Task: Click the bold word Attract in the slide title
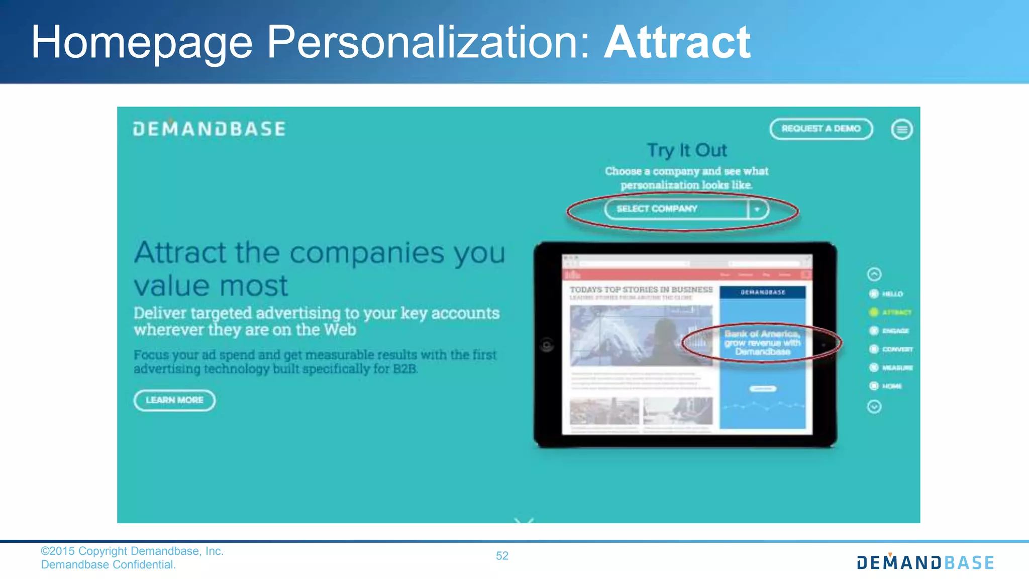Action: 677,42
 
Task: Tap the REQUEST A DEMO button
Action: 821,129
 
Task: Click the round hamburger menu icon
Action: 902,130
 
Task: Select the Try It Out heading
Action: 687,150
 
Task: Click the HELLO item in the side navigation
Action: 892,294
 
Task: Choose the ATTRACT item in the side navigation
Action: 896,313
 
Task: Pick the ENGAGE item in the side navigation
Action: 895,331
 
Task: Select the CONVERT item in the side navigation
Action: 897,349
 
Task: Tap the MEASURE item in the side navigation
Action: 897,368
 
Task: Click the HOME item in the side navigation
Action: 891,386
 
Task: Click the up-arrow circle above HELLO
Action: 874,274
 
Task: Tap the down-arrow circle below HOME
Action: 874,407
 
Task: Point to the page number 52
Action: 502,556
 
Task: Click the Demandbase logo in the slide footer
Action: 925,562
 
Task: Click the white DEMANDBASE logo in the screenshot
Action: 210,129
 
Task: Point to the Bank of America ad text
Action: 762,343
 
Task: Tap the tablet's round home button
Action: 547,345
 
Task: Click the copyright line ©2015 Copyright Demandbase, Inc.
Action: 132,551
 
